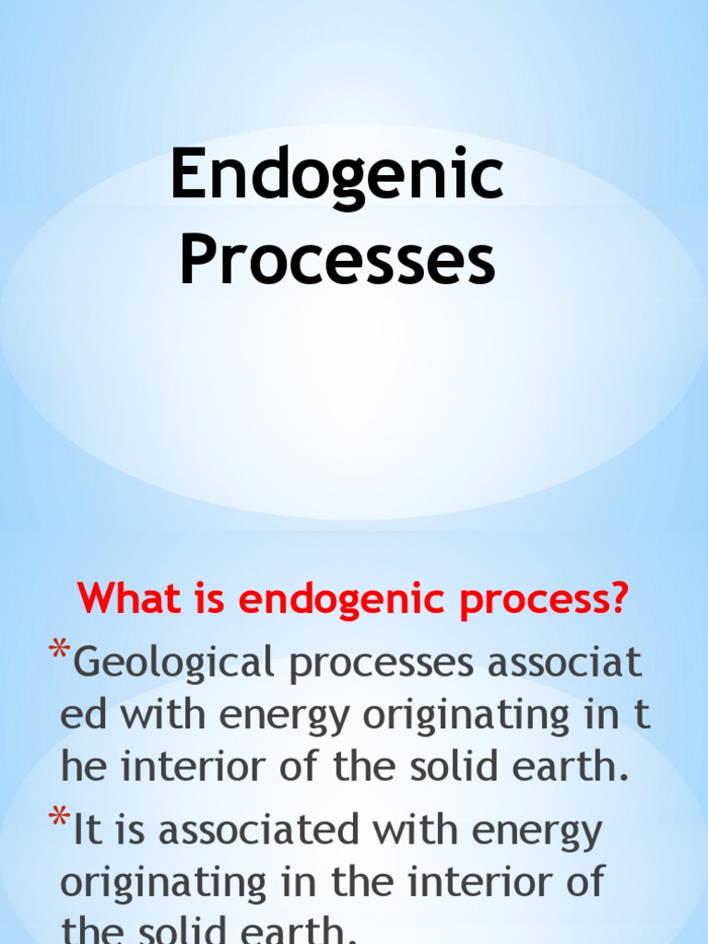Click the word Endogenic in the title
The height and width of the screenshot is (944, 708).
coord(337,179)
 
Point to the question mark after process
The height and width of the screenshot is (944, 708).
coord(618,599)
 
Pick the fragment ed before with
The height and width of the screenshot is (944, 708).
coord(80,715)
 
